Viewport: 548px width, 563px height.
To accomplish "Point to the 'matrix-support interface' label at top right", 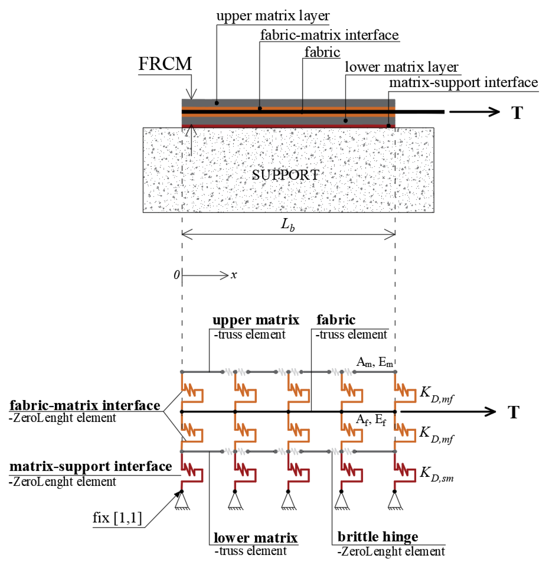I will (x=463, y=83).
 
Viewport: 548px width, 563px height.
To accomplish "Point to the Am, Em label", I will (x=374, y=362).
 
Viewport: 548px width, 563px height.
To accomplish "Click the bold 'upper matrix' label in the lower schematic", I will (x=256, y=320).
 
